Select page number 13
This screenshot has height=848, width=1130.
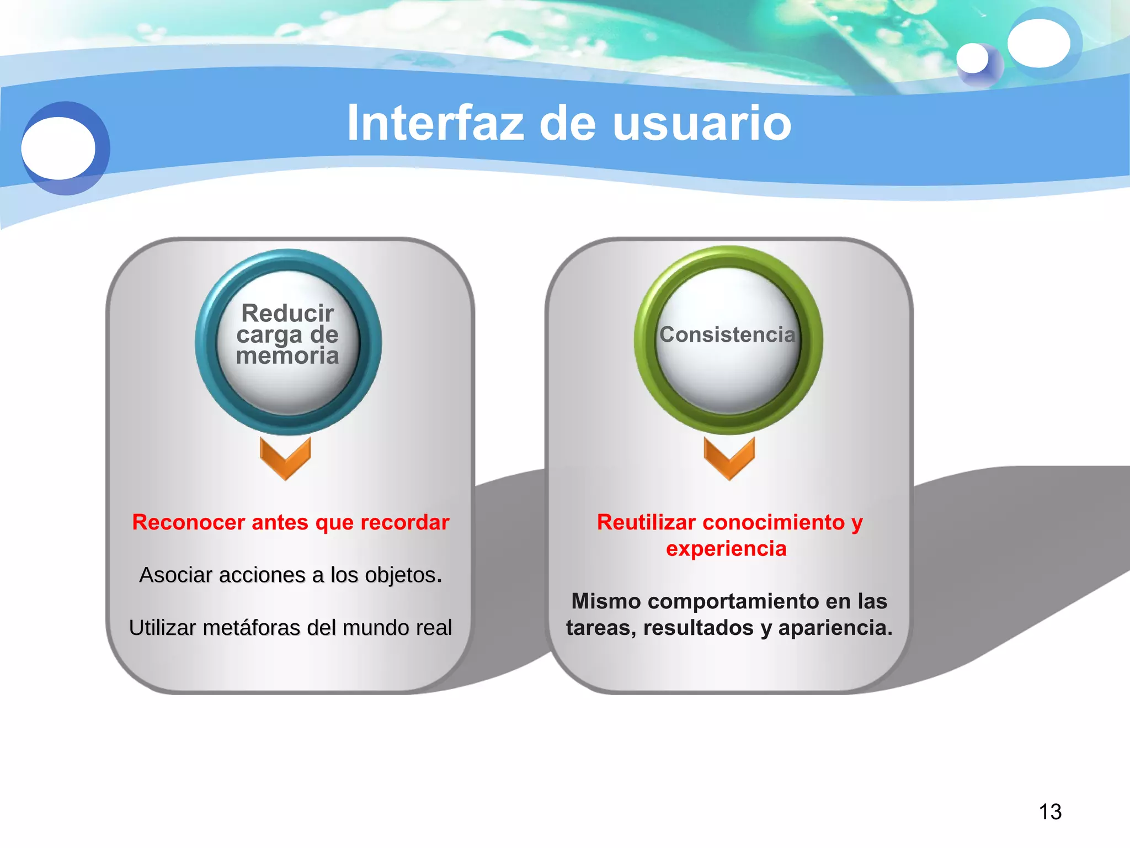click(x=1050, y=812)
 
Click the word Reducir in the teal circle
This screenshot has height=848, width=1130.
click(x=287, y=313)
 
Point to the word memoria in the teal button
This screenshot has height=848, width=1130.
click(x=287, y=356)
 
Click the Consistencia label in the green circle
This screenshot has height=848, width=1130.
click(x=728, y=335)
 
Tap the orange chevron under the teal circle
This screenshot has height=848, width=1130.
click(x=285, y=458)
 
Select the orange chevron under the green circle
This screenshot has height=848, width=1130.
click(x=729, y=458)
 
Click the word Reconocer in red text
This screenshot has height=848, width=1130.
click(x=189, y=522)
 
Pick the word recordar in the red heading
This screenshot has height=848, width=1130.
click(x=404, y=522)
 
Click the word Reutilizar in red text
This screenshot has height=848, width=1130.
click(x=646, y=522)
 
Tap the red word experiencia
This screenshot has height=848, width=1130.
click(x=726, y=549)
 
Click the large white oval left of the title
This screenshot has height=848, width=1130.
click(x=58, y=148)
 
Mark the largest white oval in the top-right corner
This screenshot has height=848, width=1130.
click(x=1038, y=43)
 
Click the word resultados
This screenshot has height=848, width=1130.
click(x=699, y=628)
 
